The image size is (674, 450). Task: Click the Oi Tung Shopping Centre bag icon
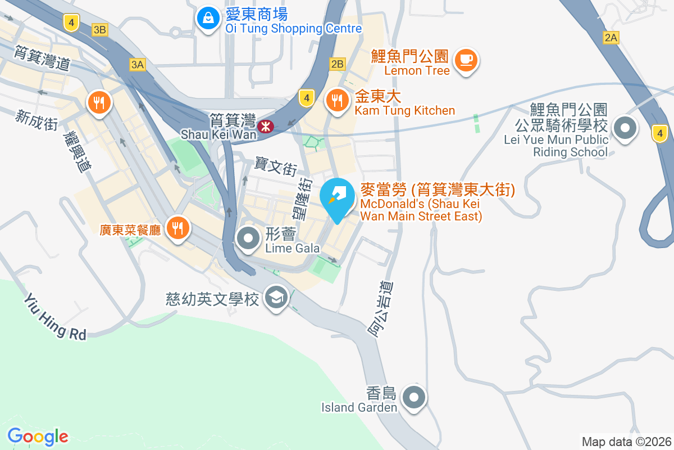[208, 19]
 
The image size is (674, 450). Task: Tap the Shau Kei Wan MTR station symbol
[265, 127]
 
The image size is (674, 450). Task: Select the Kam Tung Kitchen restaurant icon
[337, 101]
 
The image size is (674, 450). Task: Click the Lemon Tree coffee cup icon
[466, 58]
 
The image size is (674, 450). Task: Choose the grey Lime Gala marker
[248, 239]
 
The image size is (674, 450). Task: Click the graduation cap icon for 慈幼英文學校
[276, 296]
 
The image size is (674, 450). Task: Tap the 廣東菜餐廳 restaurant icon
[178, 228]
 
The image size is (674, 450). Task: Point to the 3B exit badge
[100, 30]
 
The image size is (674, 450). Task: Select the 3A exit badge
[137, 65]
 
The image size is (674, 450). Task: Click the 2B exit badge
[337, 64]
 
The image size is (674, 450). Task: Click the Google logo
[38, 436]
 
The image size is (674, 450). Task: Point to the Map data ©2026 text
[626, 442]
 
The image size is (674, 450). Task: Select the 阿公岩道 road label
[380, 309]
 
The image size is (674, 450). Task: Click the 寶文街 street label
[275, 166]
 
